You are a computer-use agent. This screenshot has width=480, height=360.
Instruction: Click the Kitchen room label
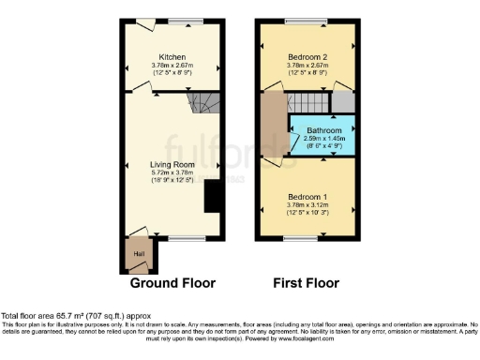(x=172, y=56)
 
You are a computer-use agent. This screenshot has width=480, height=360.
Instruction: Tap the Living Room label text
(x=172, y=164)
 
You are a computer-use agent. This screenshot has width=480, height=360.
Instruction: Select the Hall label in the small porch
(x=139, y=253)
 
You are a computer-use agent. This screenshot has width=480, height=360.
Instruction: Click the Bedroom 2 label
(x=308, y=56)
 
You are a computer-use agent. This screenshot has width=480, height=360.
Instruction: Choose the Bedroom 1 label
(x=308, y=197)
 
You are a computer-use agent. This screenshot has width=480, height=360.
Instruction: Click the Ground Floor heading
(x=172, y=282)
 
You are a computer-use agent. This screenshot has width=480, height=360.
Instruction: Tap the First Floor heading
(x=306, y=282)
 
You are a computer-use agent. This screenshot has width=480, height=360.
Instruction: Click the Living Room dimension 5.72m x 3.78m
(x=172, y=172)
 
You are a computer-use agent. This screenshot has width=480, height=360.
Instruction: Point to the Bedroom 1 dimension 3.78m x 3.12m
(x=308, y=205)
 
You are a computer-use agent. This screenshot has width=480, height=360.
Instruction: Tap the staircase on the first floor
(x=311, y=102)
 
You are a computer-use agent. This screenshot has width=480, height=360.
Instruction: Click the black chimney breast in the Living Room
(x=213, y=194)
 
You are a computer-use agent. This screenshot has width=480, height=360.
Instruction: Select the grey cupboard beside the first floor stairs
(x=344, y=102)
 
